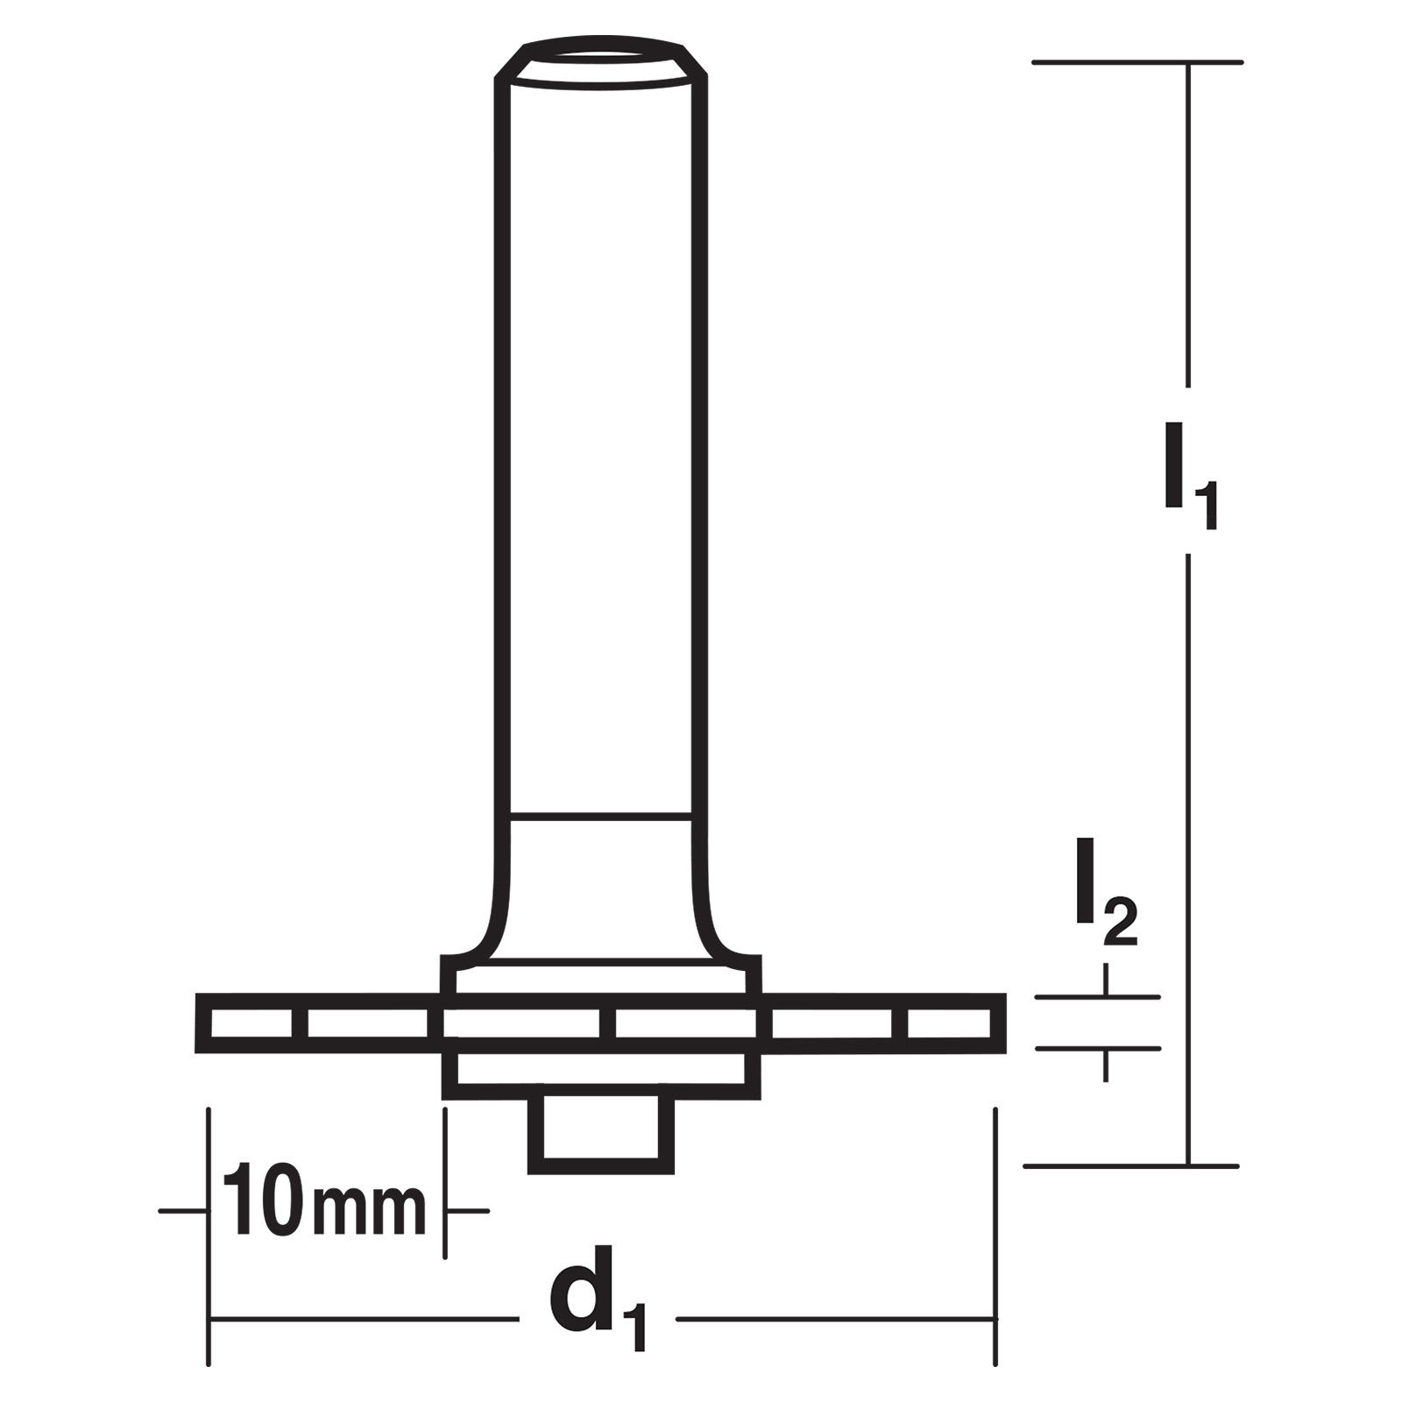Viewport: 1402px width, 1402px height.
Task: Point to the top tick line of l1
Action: pyautogui.click(x=1137, y=62)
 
